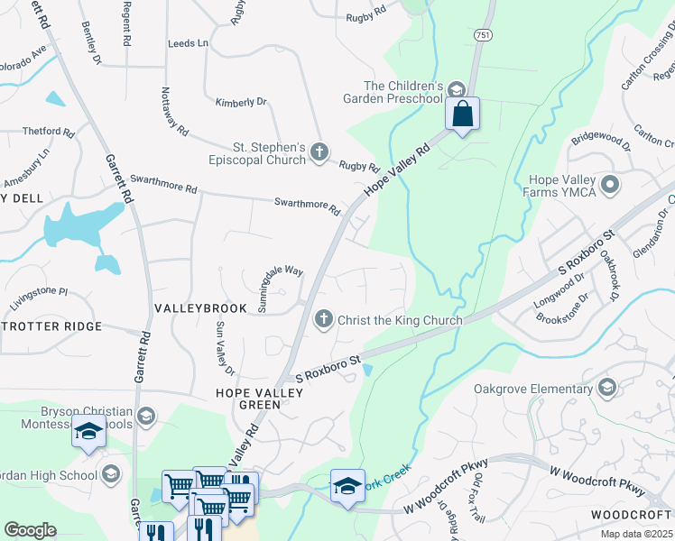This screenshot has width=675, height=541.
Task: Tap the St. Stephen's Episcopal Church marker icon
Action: point(319,153)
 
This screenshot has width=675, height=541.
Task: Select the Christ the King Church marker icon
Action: point(324,319)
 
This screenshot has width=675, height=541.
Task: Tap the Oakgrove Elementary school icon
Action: point(607,389)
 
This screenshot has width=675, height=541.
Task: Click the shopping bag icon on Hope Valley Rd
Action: point(462,115)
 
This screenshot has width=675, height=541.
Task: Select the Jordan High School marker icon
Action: point(111,474)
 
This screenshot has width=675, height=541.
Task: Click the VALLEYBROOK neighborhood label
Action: point(200,308)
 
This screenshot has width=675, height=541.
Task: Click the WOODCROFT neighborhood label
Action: point(632,514)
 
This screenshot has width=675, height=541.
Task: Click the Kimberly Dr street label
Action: point(240,102)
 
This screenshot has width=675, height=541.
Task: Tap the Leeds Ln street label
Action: point(188,42)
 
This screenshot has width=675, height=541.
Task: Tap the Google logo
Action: point(30,529)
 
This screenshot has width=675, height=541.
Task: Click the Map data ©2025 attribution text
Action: point(636,534)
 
